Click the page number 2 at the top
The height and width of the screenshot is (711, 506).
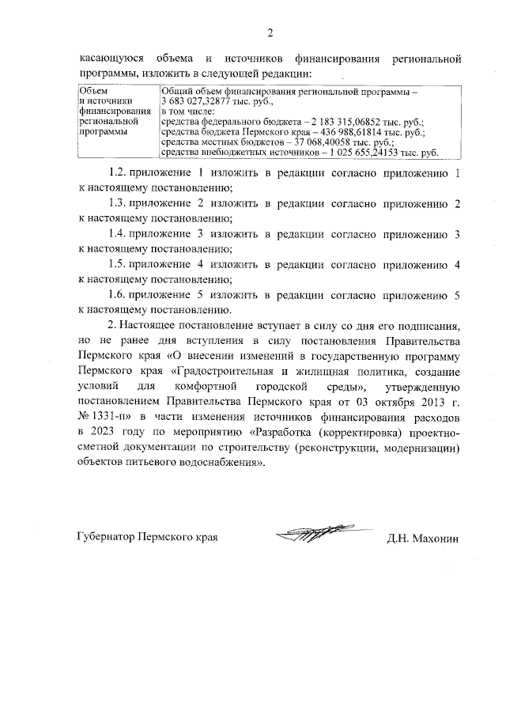270,32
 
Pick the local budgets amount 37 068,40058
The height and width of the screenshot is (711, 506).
300,142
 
